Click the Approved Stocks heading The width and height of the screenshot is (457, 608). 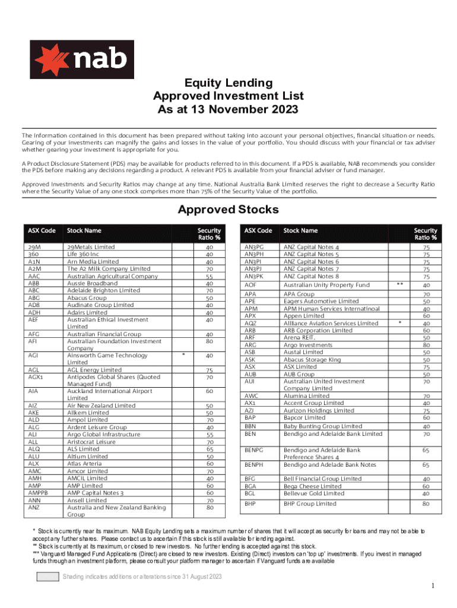228,210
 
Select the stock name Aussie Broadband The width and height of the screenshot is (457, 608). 92,284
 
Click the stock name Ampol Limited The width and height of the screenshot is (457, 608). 88,420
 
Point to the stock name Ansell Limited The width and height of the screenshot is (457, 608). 89,500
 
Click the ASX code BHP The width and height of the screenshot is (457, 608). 250,503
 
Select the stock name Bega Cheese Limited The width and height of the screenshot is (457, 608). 313,486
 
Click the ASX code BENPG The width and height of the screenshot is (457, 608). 254,451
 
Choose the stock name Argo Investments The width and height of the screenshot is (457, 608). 307,345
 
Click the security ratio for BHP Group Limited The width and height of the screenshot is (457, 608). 426,503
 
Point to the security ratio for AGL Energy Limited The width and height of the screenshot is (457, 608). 209,370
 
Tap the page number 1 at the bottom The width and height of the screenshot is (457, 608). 434,586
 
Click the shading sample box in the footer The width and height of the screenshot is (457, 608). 47,577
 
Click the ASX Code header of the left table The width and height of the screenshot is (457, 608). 41,230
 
